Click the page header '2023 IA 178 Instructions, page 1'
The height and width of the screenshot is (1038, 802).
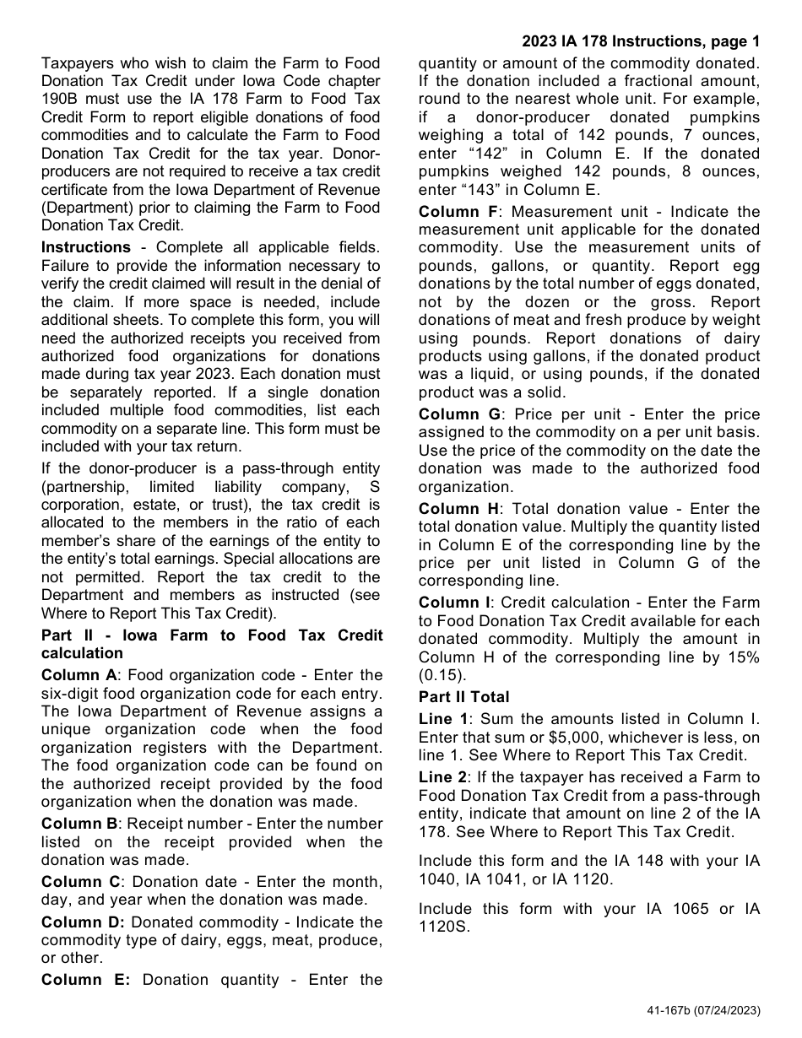click(641, 41)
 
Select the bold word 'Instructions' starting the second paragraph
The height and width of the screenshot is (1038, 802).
click(86, 247)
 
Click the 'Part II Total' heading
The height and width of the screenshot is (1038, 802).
click(463, 697)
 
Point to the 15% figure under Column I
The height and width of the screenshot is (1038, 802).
click(742, 657)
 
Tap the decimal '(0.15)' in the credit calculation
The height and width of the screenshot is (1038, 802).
click(442, 675)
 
